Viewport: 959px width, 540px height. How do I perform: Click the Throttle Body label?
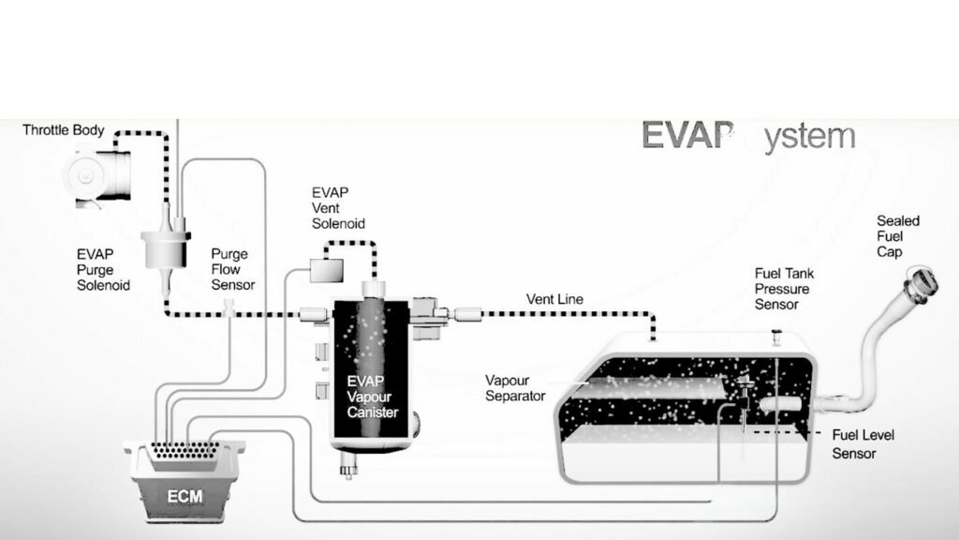click(64, 130)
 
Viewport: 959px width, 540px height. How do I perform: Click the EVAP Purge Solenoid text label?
click(103, 269)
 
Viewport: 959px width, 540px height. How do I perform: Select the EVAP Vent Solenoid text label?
click(338, 208)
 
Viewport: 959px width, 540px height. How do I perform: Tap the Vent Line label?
click(554, 299)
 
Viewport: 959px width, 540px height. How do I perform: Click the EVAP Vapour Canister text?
click(372, 397)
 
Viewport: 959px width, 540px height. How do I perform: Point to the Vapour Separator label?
click(515, 388)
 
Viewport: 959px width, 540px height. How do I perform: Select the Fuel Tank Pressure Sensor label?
click(784, 289)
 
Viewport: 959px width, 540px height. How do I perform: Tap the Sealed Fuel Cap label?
click(897, 236)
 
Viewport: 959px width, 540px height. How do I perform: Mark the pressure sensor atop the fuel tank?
click(775, 333)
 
